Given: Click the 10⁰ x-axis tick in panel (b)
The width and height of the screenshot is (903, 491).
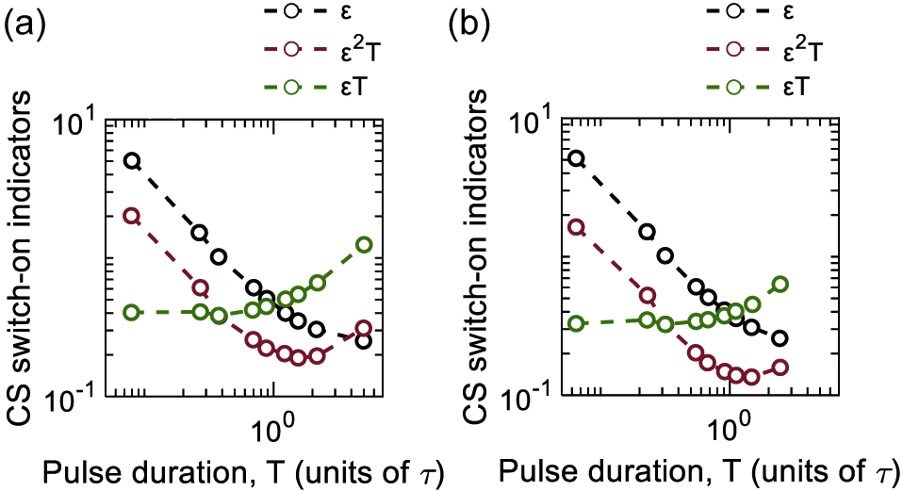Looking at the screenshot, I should (x=728, y=419).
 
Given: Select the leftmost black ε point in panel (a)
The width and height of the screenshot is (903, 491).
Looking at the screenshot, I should (x=133, y=160).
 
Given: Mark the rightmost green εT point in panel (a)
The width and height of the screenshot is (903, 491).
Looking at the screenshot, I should (x=364, y=244).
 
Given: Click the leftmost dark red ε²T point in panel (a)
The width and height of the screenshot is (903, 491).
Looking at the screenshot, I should (x=133, y=216).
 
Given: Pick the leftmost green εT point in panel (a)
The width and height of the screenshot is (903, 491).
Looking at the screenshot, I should (x=133, y=312).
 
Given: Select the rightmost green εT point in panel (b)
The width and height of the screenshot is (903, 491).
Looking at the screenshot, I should (x=780, y=284).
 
